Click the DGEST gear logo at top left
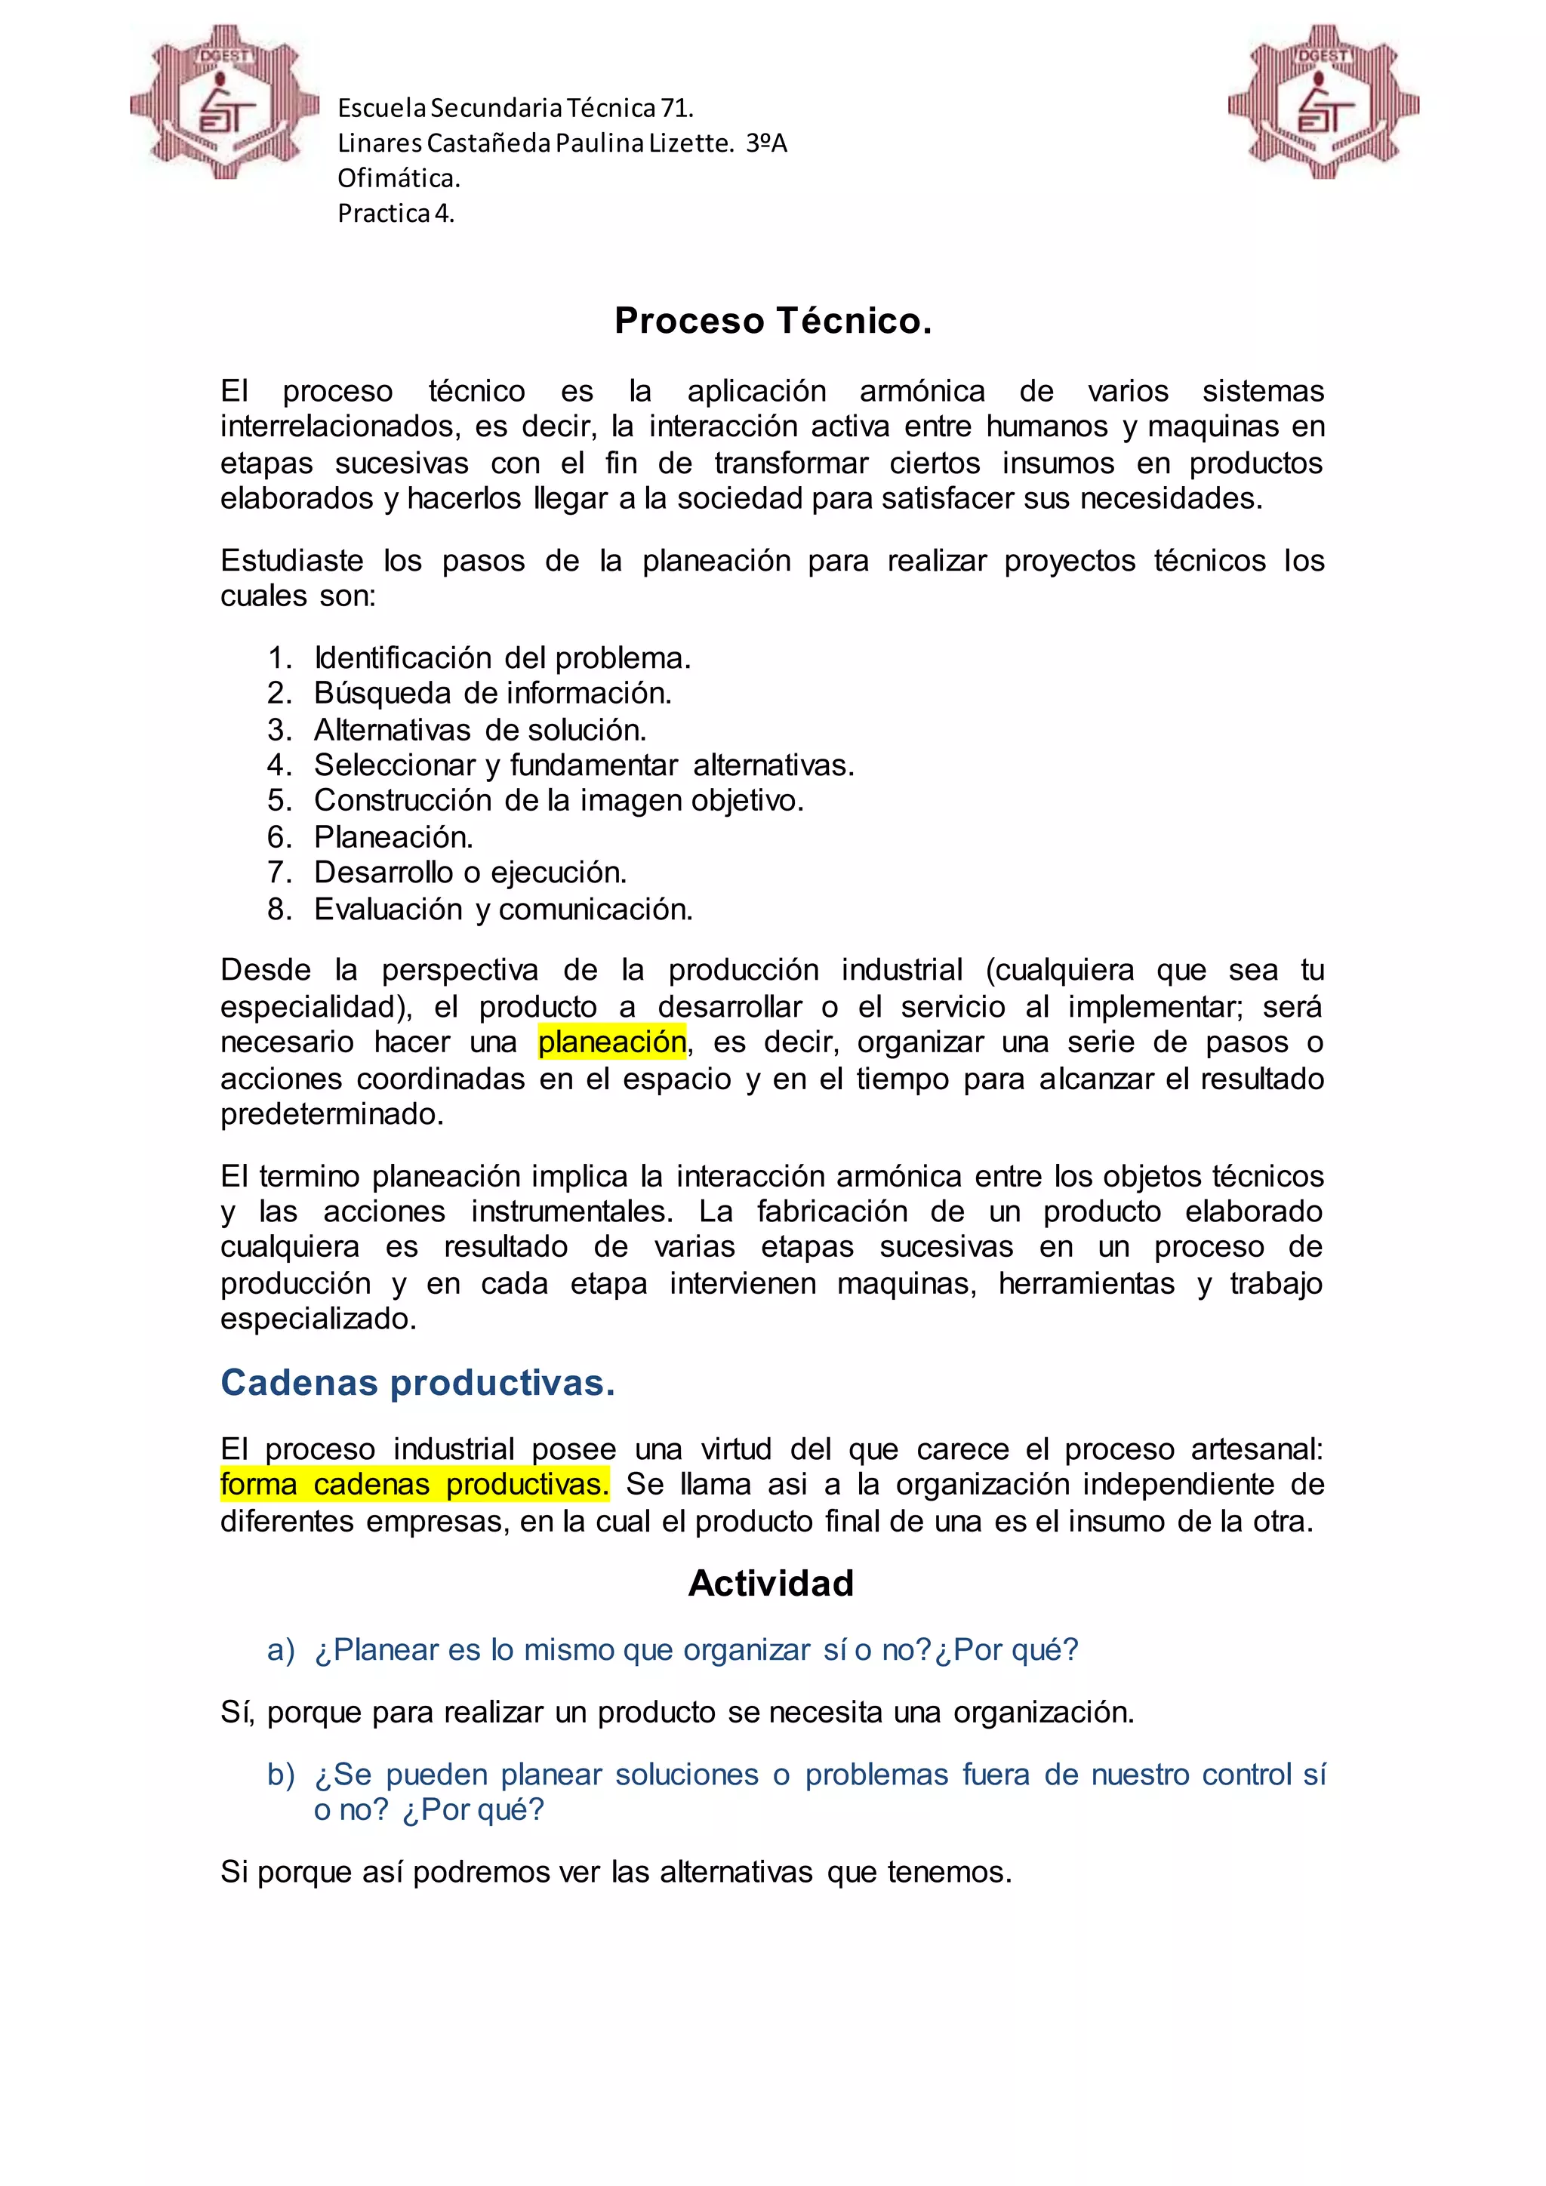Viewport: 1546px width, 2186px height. pos(225,103)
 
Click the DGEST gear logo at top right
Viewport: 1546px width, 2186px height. pos(1323,103)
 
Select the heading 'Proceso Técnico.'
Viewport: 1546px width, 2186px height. pos(772,321)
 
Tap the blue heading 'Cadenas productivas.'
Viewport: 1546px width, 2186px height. pos(418,1382)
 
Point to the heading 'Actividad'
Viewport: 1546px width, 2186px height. pos(771,1584)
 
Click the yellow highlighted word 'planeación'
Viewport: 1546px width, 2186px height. pos(612,1042)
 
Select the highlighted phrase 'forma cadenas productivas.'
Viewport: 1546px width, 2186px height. pos(414,1484)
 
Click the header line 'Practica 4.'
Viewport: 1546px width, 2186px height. pos(396,214)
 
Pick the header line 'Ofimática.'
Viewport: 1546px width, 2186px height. pos(399,178)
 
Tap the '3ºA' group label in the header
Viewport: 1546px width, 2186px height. pos(766,143)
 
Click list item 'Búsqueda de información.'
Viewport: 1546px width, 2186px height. pos(492,693)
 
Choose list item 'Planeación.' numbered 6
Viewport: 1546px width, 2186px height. pos(393,837)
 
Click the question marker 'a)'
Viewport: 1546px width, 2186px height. pos(281,1650)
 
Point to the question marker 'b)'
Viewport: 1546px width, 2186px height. pos(281,1775)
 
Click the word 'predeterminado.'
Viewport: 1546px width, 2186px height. pos(332,1114)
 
